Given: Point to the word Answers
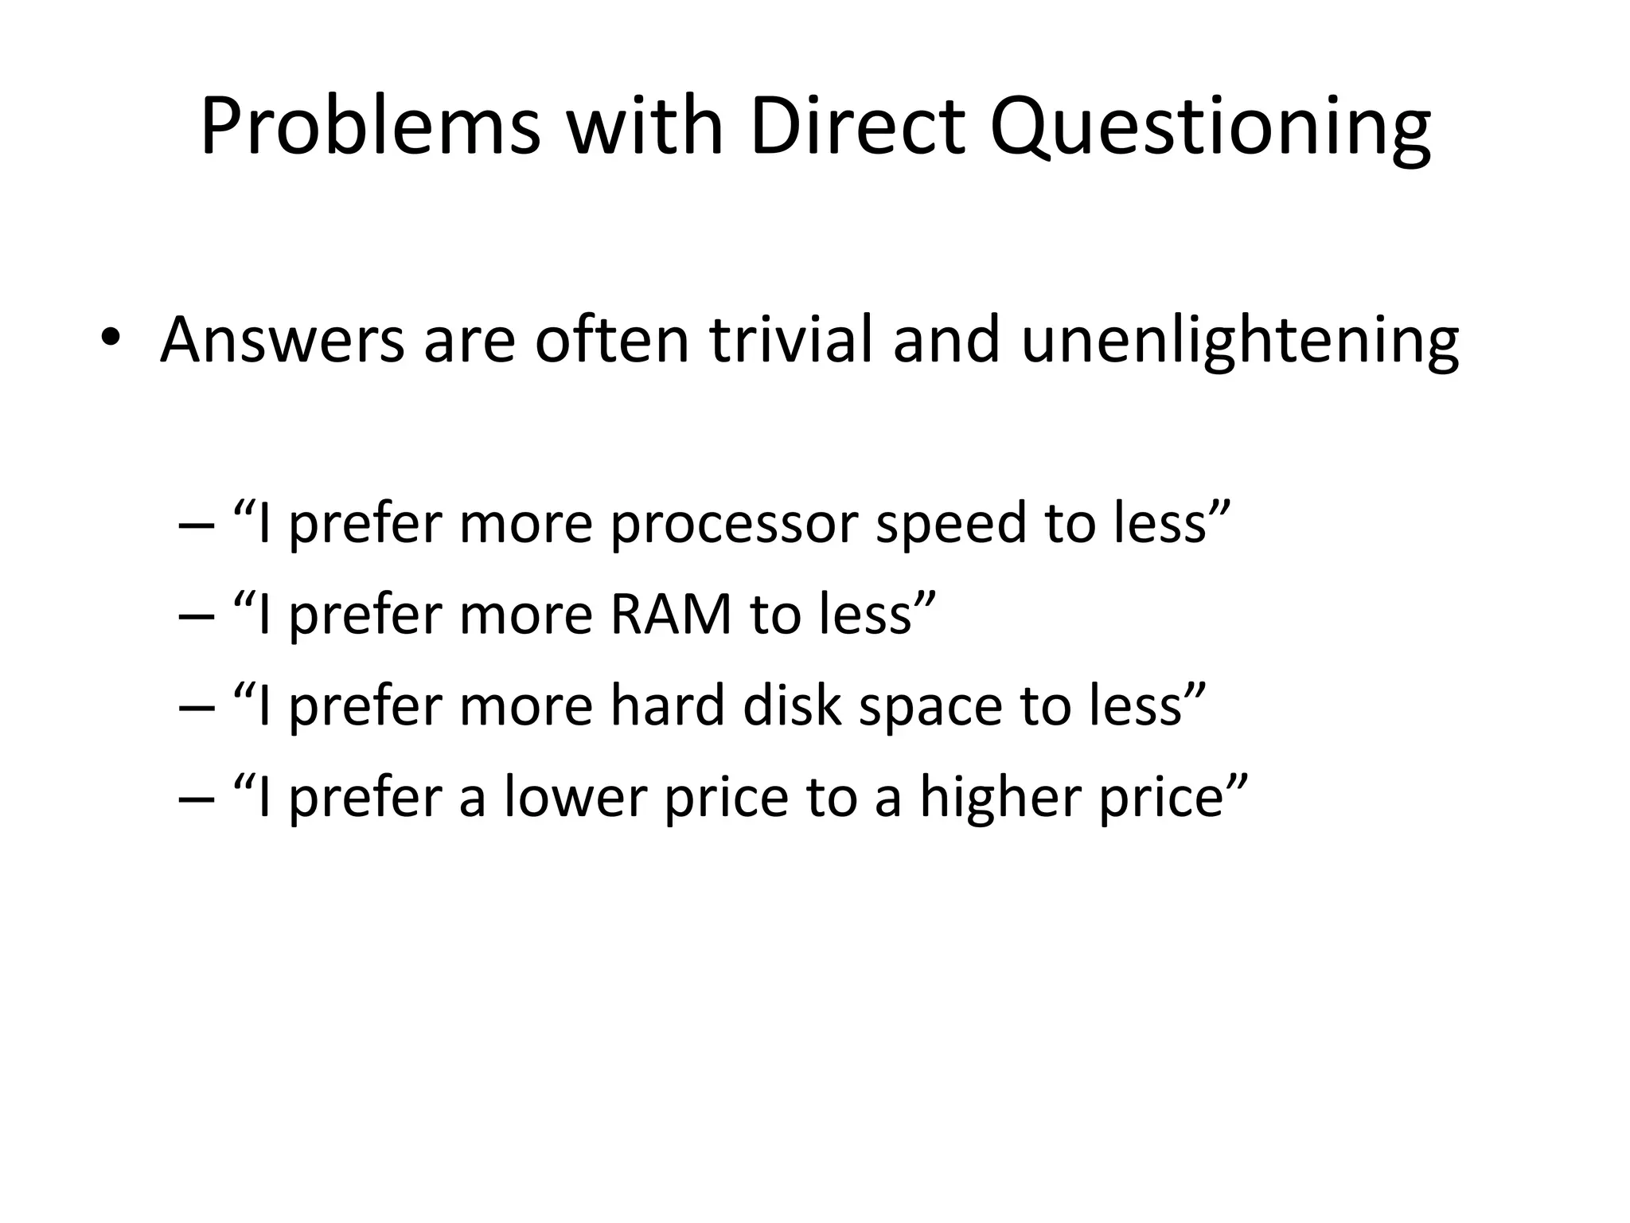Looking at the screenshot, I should (283, 341).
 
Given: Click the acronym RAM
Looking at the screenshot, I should (671, 615).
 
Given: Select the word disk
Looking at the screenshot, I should (792, 705).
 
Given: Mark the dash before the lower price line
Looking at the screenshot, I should (196, 799).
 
